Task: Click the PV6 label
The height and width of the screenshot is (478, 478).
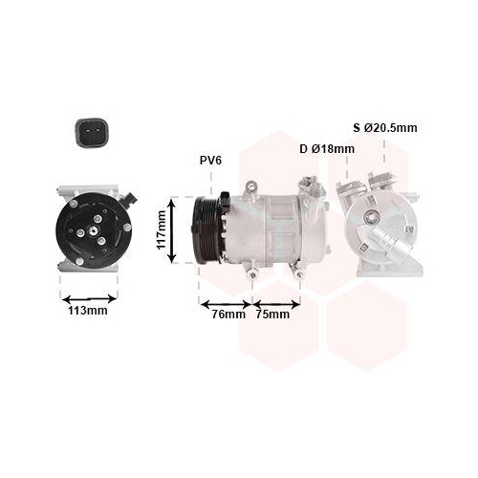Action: coord(210,161)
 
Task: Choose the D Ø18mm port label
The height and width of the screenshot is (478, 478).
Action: coord(326,149)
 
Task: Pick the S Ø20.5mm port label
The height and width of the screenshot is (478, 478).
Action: coord(385,127)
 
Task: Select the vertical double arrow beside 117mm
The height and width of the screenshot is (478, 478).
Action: coord(174,229)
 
